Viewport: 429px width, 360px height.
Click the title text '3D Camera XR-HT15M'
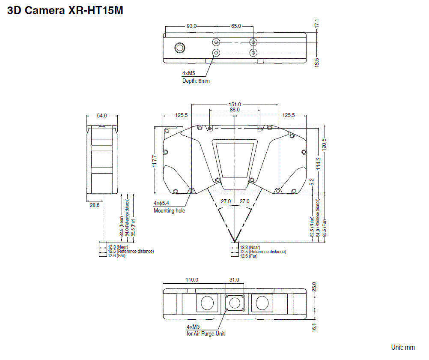(65, 11)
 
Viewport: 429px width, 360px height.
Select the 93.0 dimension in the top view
(191, 26)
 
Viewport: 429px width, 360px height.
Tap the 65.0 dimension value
(236, 26)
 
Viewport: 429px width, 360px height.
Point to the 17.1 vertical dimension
(317, 24)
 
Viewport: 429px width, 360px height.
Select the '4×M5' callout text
(189, 73)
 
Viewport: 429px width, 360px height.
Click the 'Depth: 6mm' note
(196, 81)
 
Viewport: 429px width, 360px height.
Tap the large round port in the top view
(179, 48)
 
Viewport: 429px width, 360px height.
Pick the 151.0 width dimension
(235, 104)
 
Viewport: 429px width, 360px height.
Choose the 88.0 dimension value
(235, 110)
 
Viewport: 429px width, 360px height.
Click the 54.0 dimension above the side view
(102, 116)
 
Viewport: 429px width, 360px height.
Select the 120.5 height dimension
(324, 147)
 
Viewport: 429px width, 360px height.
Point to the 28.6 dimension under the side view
(94, 206)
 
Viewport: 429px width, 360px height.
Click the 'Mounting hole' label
(170, 210)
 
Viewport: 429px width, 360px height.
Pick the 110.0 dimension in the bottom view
(191, 280)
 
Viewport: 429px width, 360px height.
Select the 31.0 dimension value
(234, 280)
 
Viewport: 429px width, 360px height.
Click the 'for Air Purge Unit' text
(206, 333)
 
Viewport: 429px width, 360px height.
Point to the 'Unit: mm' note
(403, 347)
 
